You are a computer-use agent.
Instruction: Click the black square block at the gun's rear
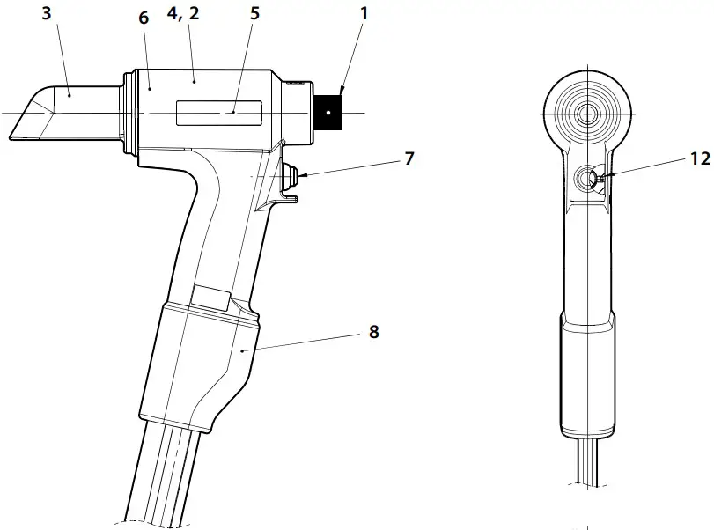pyautogui.click(x=331, y=112)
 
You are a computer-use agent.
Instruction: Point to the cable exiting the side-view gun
pyautogui.click(x=167, y=475)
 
